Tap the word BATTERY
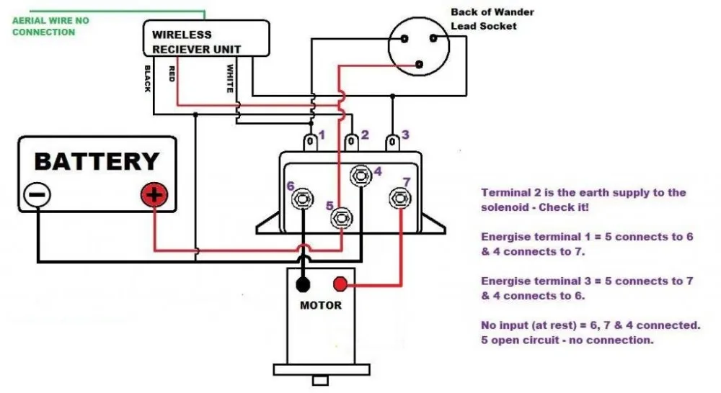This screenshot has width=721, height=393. coord(96,161)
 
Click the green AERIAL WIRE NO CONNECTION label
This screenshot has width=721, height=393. coord(50,27)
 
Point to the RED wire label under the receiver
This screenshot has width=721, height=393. coord(172,73)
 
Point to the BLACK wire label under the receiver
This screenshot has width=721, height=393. coord(148,78)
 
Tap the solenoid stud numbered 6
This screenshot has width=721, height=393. coord(303,199)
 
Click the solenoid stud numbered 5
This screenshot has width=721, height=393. coord(341,218)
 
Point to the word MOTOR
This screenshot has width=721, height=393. coord(321,304)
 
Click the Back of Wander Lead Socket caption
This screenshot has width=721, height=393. coord(484,19)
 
